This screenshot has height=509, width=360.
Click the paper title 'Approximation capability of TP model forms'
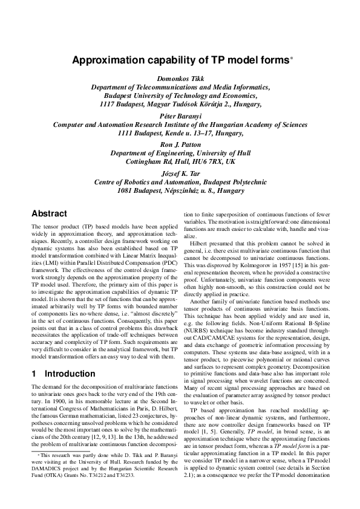coord(180,60)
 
